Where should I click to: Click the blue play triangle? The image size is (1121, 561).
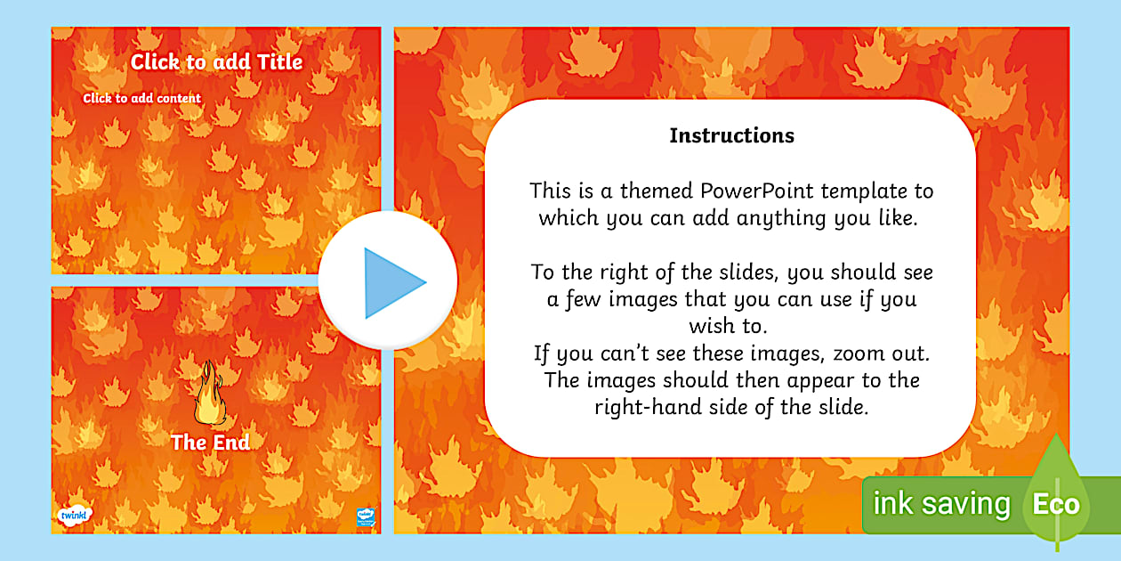(x=392, y=283)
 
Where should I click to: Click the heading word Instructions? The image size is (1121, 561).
(x=731, y=136)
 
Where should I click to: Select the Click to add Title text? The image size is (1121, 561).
(x=216, y=61)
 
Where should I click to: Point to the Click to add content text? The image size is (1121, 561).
(x=142, y=98)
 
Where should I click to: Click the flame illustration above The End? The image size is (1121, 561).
(x=210, y=393)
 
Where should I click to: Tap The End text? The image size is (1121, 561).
(x=210, y=442)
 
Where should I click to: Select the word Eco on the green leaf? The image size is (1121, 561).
(x=1055, y=505)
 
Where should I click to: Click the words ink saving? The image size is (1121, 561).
(x=941, y=505)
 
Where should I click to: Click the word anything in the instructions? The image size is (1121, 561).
(x=786, y=217)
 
